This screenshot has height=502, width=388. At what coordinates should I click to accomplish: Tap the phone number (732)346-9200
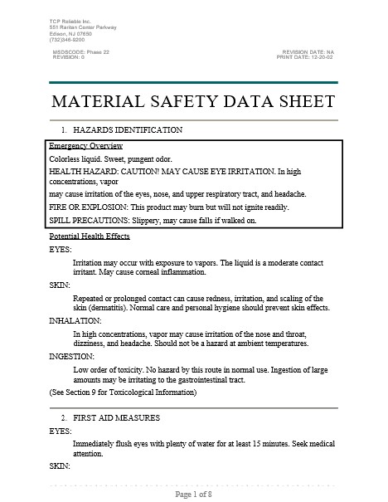click(66, 39)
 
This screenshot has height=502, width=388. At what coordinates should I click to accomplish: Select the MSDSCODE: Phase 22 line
click(80, 51)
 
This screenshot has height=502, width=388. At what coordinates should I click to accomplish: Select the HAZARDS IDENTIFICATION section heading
click(128, 131)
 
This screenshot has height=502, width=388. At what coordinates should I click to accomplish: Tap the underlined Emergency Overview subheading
click(86, 146)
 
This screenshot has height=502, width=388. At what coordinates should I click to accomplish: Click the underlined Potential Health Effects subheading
click(90, 236)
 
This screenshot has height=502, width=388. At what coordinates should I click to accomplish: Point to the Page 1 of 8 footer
click(194, 495)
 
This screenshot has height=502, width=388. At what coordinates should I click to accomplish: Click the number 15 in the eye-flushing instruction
click(261, 444)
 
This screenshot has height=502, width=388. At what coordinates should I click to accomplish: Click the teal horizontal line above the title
click(194, 82)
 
